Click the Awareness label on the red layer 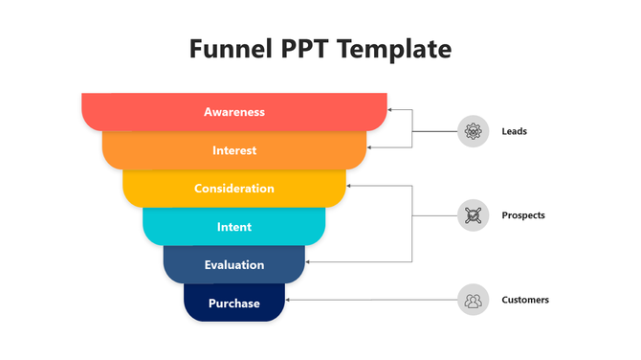point(234,112)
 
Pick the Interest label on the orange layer point(234,150)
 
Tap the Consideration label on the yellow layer point(234,189)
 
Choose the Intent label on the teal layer point(234,227)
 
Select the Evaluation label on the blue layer point(234,265)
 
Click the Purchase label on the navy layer point(234,304)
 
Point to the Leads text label point(514,131)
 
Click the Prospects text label point(522,215)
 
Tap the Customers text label point(525,300)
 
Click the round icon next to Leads point(473,131)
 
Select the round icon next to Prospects point(473,215)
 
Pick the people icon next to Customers point(473,300)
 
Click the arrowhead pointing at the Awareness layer point(391,110)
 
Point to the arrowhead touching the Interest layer point(371,147)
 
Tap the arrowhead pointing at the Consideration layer point(349,186)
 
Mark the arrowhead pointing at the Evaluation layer point(309,261)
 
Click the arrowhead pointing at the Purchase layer point(288,300)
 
